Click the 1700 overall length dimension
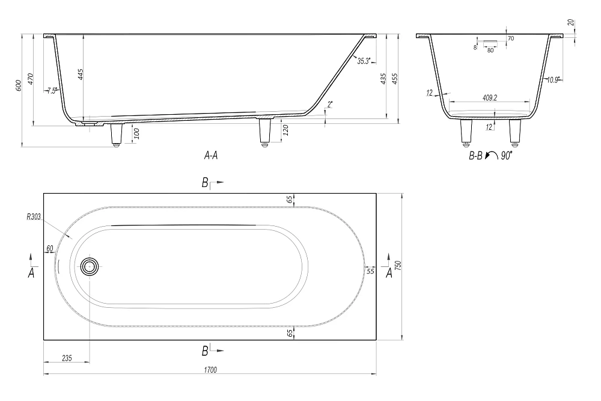tap(210, 370)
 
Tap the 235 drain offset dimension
tap(67, 358)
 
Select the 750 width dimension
tap(398, 265)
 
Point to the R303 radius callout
tap(34, 217)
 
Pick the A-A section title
tap(211, 155)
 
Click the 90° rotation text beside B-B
tap(506, 156)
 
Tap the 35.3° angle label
tap(364, 61)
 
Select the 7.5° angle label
tap(52, 91)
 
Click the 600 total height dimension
tap(18, 85)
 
